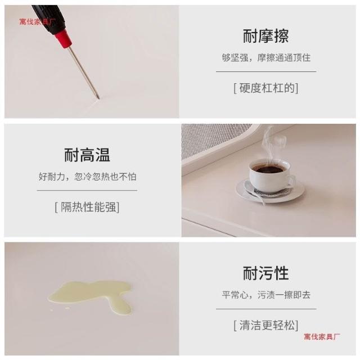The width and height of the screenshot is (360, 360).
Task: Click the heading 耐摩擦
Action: coord(266,36)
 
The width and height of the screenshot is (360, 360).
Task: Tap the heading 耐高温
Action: coord(87,155)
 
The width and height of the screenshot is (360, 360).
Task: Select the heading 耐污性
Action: coord(266,273)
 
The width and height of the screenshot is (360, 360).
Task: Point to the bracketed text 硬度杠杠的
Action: coord(266,88)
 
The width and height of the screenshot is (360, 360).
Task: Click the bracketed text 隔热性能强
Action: coord(87,207)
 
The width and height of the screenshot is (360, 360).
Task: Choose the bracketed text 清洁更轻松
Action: coord(266,325)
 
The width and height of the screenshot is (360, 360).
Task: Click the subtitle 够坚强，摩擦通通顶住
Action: coord(266,57)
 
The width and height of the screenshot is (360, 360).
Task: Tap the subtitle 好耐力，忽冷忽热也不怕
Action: coord(87,177)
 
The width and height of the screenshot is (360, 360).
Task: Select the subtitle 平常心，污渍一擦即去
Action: coord(266,295)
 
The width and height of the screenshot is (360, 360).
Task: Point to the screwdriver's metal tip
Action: coord(98,97)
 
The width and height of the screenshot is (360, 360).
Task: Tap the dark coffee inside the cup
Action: coord(269,169)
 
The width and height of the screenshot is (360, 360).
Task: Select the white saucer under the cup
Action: coord(271,191)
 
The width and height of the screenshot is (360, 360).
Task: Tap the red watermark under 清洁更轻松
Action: coord(322,336)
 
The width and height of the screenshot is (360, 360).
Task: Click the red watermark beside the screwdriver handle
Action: coord(37,22)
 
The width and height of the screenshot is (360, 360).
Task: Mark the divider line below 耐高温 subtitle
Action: coord(87,190)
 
